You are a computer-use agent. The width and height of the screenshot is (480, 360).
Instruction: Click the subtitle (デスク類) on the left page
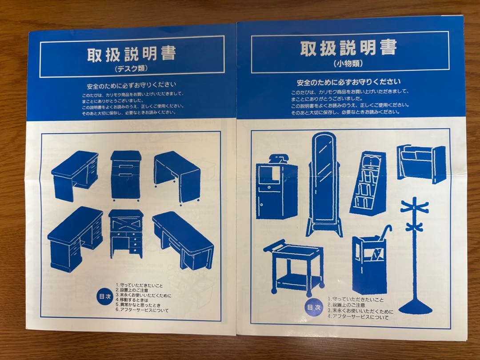(132, 69)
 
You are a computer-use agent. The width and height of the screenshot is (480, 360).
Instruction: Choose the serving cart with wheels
(294, 267)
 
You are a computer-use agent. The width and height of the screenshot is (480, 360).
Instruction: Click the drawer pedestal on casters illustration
(126, 175)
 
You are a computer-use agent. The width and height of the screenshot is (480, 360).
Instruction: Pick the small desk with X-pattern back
(126, 232)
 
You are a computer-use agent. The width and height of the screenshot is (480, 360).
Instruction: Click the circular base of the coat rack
(415, 306)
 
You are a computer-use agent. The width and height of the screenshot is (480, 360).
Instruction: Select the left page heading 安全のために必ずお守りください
(132, 84)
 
